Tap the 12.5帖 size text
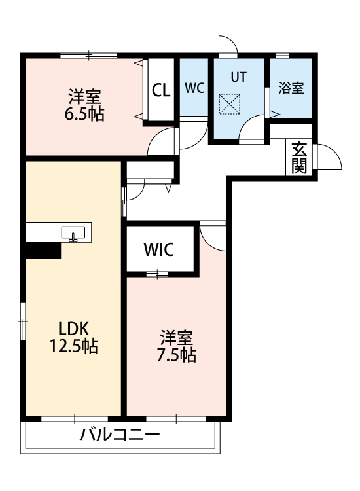coord(73,346)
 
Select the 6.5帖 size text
coord(84,113)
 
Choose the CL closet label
coord(161,90)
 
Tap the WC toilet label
coord(194,88)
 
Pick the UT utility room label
coord(238,77)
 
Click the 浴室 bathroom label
coord(291,88)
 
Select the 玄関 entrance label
coord(299,158)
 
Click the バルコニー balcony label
coord(120,435)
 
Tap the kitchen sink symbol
coord(72,234)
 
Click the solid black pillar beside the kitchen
coord(43,251)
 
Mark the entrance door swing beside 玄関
coord(327,157)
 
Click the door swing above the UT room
coord(227,46)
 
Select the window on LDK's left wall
coord(23,321)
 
